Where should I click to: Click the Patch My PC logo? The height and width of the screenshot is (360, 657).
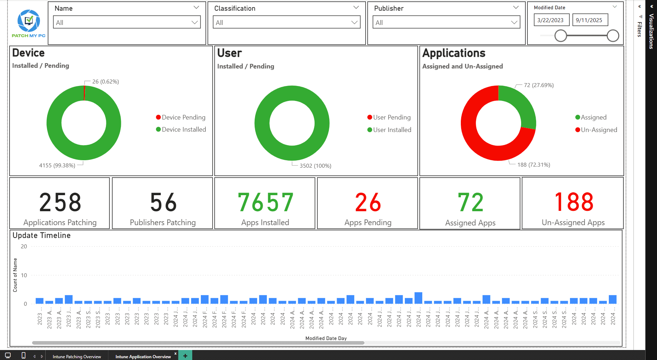pyautogui.click(x=29, y=23)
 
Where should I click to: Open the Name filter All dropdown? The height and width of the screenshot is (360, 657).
pyautogui.click(x=127, y=22)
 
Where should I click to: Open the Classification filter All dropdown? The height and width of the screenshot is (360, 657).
pyautogui.click(x=286, y=22)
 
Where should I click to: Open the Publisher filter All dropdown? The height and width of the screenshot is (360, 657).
pyautogui.click(x=446, y=22)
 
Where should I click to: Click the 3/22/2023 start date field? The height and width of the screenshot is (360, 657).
pyautogui.click(x=551, y=20)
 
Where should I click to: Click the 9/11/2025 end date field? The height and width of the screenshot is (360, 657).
pyautogui.click(x=589, y=20)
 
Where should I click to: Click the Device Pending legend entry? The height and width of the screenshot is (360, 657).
pyautogui.click(x=181, y=117)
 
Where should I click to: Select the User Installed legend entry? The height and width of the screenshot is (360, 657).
pyautogui.click(x=389, y=130)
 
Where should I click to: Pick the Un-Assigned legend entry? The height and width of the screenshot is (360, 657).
pyautogui.click(x=596, y=130)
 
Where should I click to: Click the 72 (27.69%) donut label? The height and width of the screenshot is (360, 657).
pyautogui.click(x=539, y=85)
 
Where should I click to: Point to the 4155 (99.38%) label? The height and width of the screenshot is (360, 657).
pyautogui.click(x=57, y=166)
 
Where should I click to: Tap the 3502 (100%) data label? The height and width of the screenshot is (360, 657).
pyautogui.click(x=315, y=166)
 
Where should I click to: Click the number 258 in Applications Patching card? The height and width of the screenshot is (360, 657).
pyautogui.click(x=60, y=202)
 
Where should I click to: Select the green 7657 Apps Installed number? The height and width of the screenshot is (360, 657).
pyautogui.click(x=265, y=202)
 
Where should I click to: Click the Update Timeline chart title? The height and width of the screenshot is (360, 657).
pyautogui.click(x=41, y=235)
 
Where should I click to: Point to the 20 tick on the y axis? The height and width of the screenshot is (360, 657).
pyautogui.click(x=24, y=247)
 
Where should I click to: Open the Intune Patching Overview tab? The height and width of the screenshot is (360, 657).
pyautogui.click(x=77, y=356)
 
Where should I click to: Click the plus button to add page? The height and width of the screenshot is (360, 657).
pyautogui.click(x=185, y=356)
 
